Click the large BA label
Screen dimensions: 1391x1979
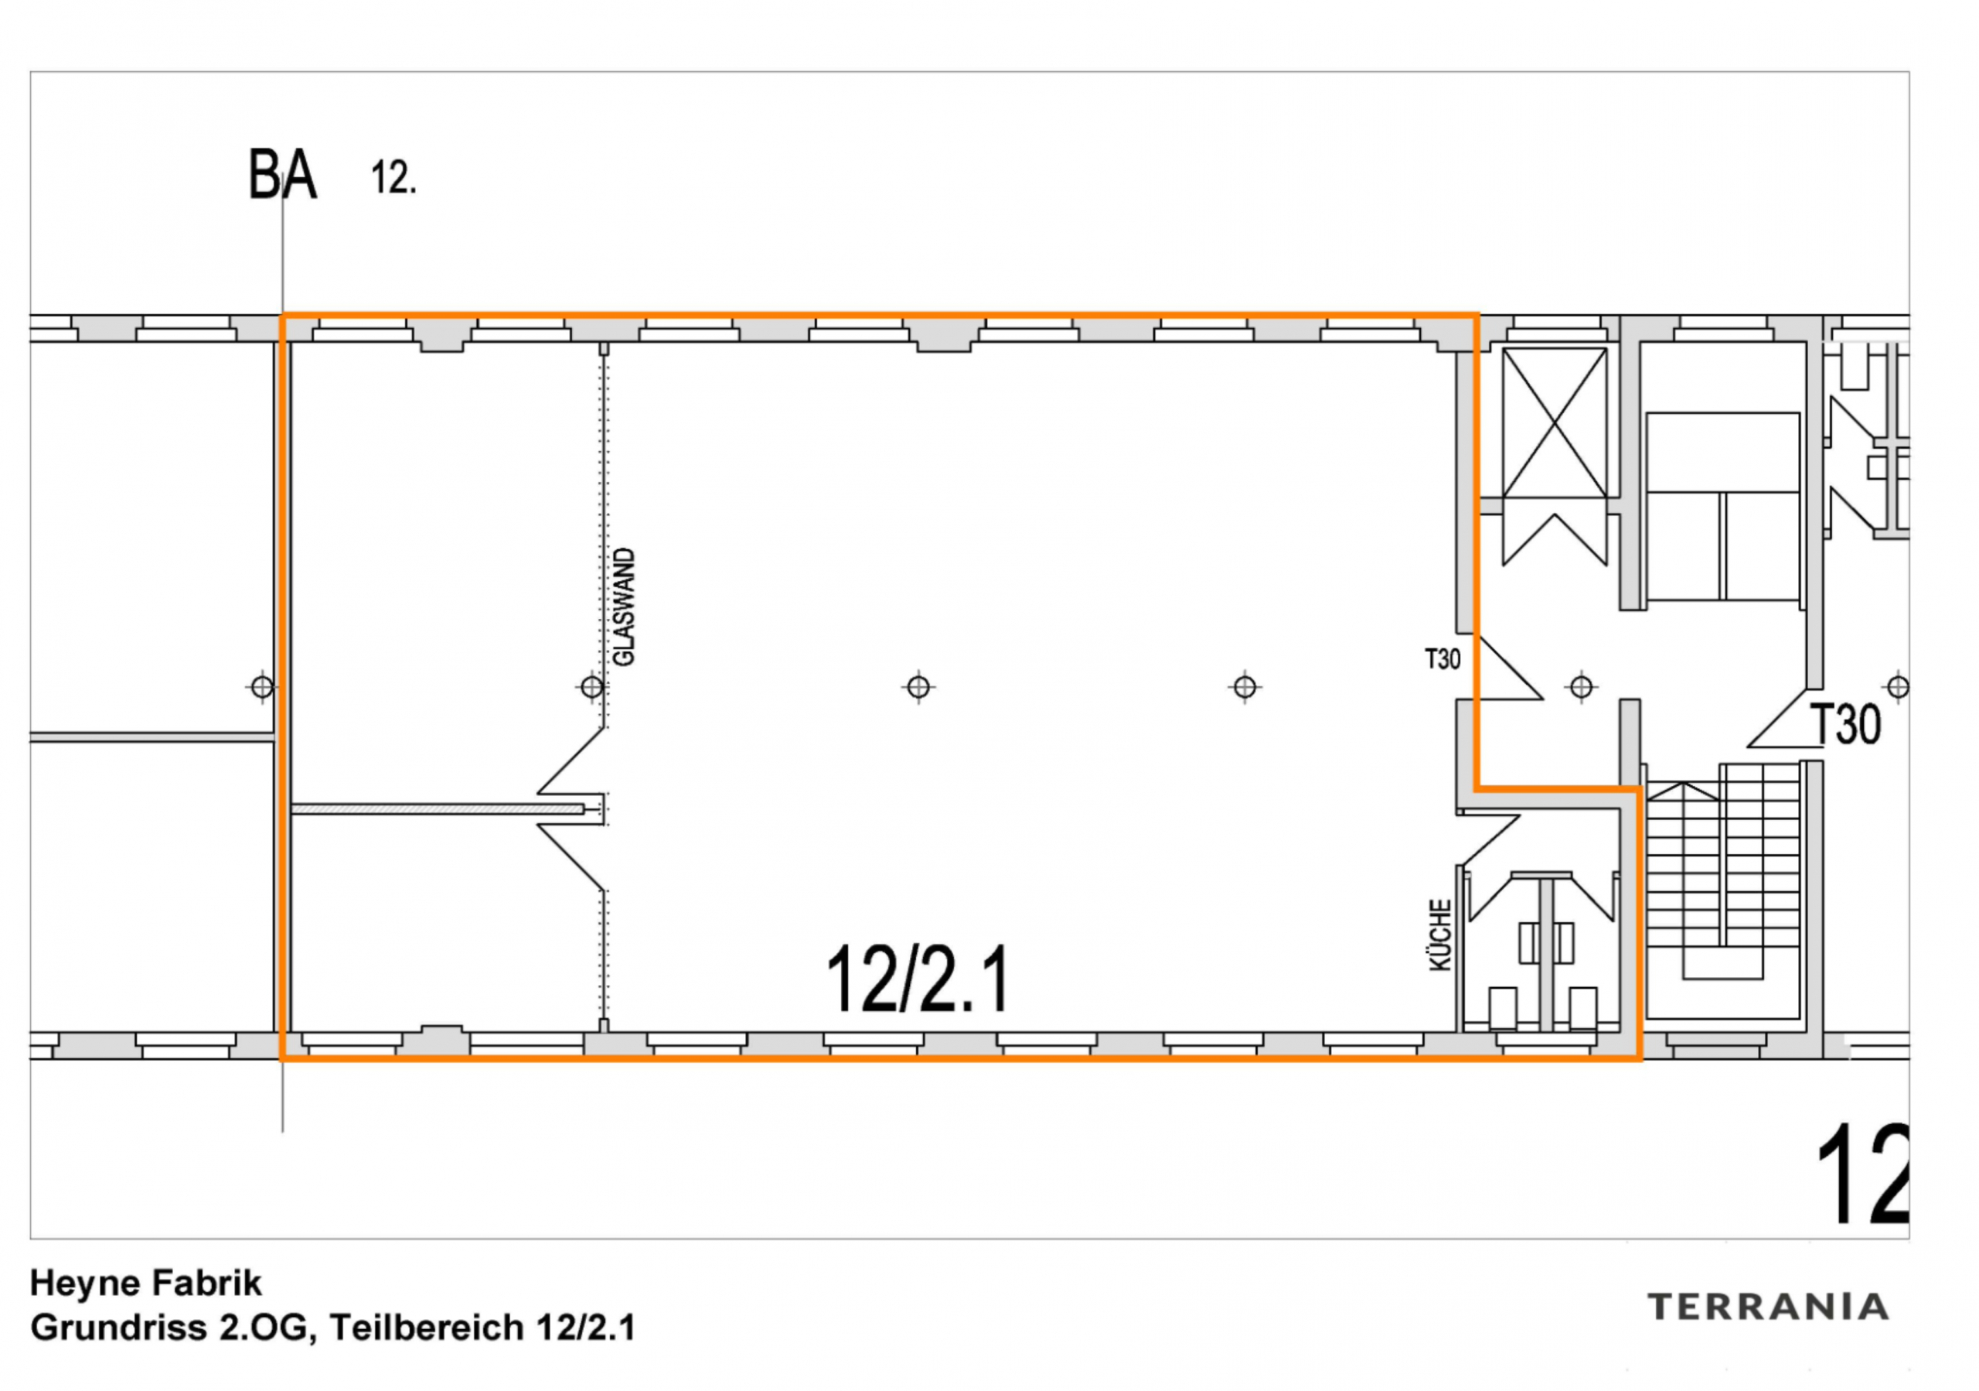coord(282,175)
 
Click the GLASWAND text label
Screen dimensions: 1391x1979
coord(623,607)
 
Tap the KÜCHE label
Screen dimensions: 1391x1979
coord(1440,935)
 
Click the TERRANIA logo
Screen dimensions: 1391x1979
coord(1768,1307)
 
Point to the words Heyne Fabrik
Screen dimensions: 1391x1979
coord(145,1283)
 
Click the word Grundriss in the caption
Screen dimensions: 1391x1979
coord(119,1328)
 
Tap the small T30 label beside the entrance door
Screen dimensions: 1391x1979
coord(1442,660)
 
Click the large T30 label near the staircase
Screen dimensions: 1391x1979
coord(1845,724)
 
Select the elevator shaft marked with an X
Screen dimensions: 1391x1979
coord(1554,422)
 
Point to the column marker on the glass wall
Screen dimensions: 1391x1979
coord(591,687)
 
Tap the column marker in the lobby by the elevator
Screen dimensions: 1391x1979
coord(1581,687)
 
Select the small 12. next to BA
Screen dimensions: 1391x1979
coord(393,179)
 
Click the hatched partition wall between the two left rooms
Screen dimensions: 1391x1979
coord(436,809)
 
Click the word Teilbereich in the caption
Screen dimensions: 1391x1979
coord(427,1328)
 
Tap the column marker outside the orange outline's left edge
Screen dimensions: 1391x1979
coord(262,687)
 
